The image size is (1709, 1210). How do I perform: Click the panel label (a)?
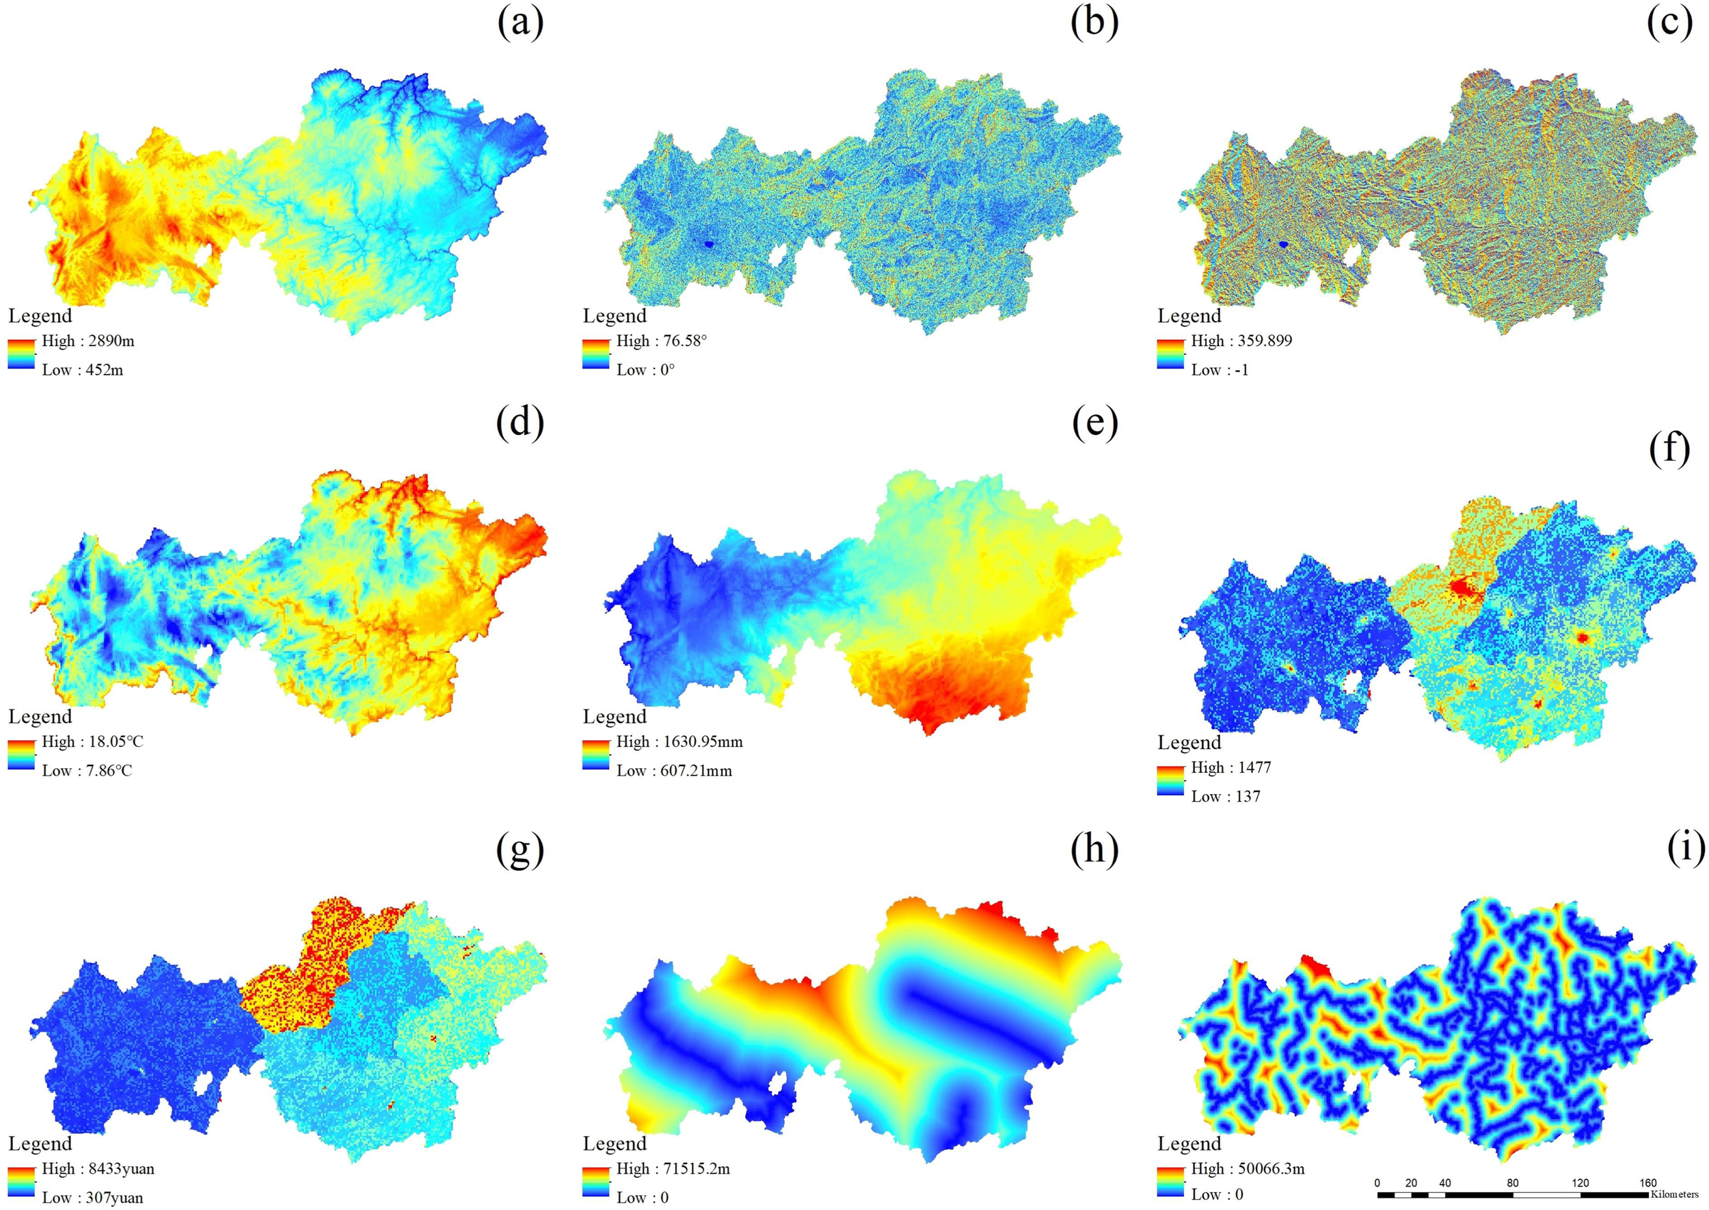pos(520,24)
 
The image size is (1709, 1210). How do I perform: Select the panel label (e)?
pos(1094,424)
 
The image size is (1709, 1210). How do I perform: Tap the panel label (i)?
pos(1685,849)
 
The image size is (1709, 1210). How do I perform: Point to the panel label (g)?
pos(520,849)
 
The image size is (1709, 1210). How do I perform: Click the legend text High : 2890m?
pos(88,341)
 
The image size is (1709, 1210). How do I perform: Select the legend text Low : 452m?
pos(82,369)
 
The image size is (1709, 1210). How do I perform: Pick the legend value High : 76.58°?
pos(661,341)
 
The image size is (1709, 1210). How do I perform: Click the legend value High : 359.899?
pos(1241,341)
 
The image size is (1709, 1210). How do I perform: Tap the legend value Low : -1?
pos(1219,369)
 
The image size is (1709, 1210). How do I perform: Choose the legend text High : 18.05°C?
pos(92,741)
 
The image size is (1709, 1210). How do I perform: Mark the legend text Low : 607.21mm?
pos(674,770)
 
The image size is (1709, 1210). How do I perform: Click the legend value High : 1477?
pos(1231,767)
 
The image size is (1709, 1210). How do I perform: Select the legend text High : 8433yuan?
pos(98,1168)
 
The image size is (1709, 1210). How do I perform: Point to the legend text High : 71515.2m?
pos(673,1168)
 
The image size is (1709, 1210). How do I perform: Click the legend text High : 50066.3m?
pos(1248,1168)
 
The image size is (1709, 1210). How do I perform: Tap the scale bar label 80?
pos(1512,1183)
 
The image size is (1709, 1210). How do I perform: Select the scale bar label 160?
pos(1648,1183)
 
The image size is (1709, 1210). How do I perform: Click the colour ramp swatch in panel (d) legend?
pos(22,754)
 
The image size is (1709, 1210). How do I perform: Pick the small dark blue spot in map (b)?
pos(708,244)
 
